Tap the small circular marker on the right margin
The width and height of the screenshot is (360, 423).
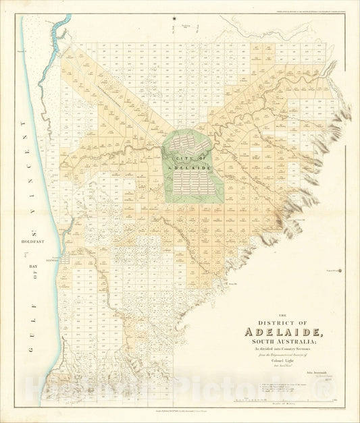coord(340,271)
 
